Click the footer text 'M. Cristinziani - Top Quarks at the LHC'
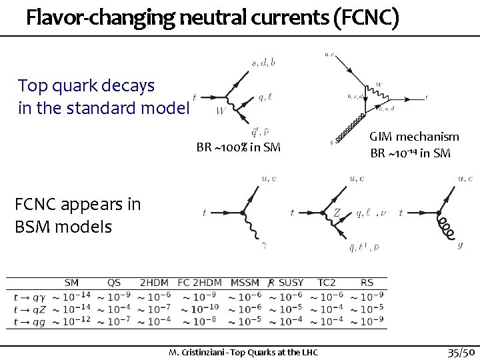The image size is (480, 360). point(243,351)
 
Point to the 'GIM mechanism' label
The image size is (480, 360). point(414,137)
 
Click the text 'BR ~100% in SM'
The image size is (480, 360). point(238,147)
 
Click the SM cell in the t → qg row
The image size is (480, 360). point(71,321)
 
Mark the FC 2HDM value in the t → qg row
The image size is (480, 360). point(199,321)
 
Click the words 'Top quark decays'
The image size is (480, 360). point(87,86)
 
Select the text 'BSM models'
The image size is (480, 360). point(63,227)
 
